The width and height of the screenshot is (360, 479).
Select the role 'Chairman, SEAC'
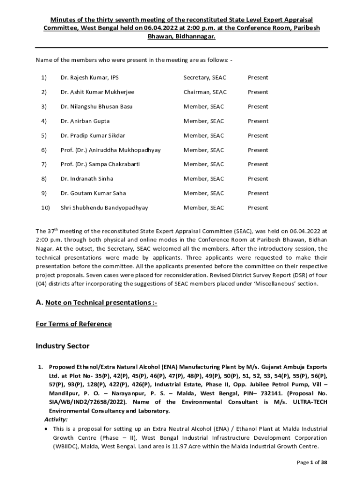point(205,92)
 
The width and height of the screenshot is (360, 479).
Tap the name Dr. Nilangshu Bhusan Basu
point(96,107)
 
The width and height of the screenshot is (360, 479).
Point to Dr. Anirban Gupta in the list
point(85,121)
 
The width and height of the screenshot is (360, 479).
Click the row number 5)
point(44,136)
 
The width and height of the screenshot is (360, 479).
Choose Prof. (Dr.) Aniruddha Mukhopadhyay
point(110,150)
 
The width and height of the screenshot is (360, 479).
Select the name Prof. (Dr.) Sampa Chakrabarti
point(100,164)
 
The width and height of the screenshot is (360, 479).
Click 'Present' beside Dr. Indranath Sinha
point(258,179)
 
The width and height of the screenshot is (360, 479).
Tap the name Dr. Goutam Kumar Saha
point(93,193)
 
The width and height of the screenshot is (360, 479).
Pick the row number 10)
point(45,208)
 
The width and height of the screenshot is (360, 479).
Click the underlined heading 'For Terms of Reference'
point(74,324)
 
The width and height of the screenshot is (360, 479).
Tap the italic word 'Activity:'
point(56,420)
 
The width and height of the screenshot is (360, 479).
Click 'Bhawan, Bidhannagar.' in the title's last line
point(182,36)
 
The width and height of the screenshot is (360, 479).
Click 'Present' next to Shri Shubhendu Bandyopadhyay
point(258,208)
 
